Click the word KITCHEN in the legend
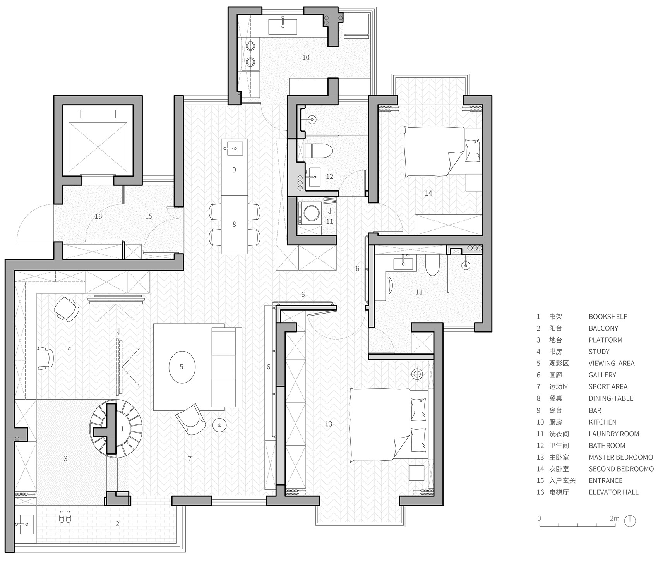coord(603,422)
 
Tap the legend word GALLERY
coord(602,375)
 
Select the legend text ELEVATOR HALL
coord(613,492)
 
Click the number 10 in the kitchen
coord(306,57)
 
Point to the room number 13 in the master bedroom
coord(328,424)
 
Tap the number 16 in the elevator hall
coord(98,216)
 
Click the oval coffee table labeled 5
coord(182,367)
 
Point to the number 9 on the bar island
coord(234,170)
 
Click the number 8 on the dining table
coord(234,224)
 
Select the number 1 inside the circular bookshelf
coord(123,429)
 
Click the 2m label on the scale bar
coord(614,518)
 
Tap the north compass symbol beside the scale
coord(631,520)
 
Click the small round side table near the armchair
coord(219,425)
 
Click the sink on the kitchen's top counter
coord(283,24)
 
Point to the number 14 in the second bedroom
coord(428,193)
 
